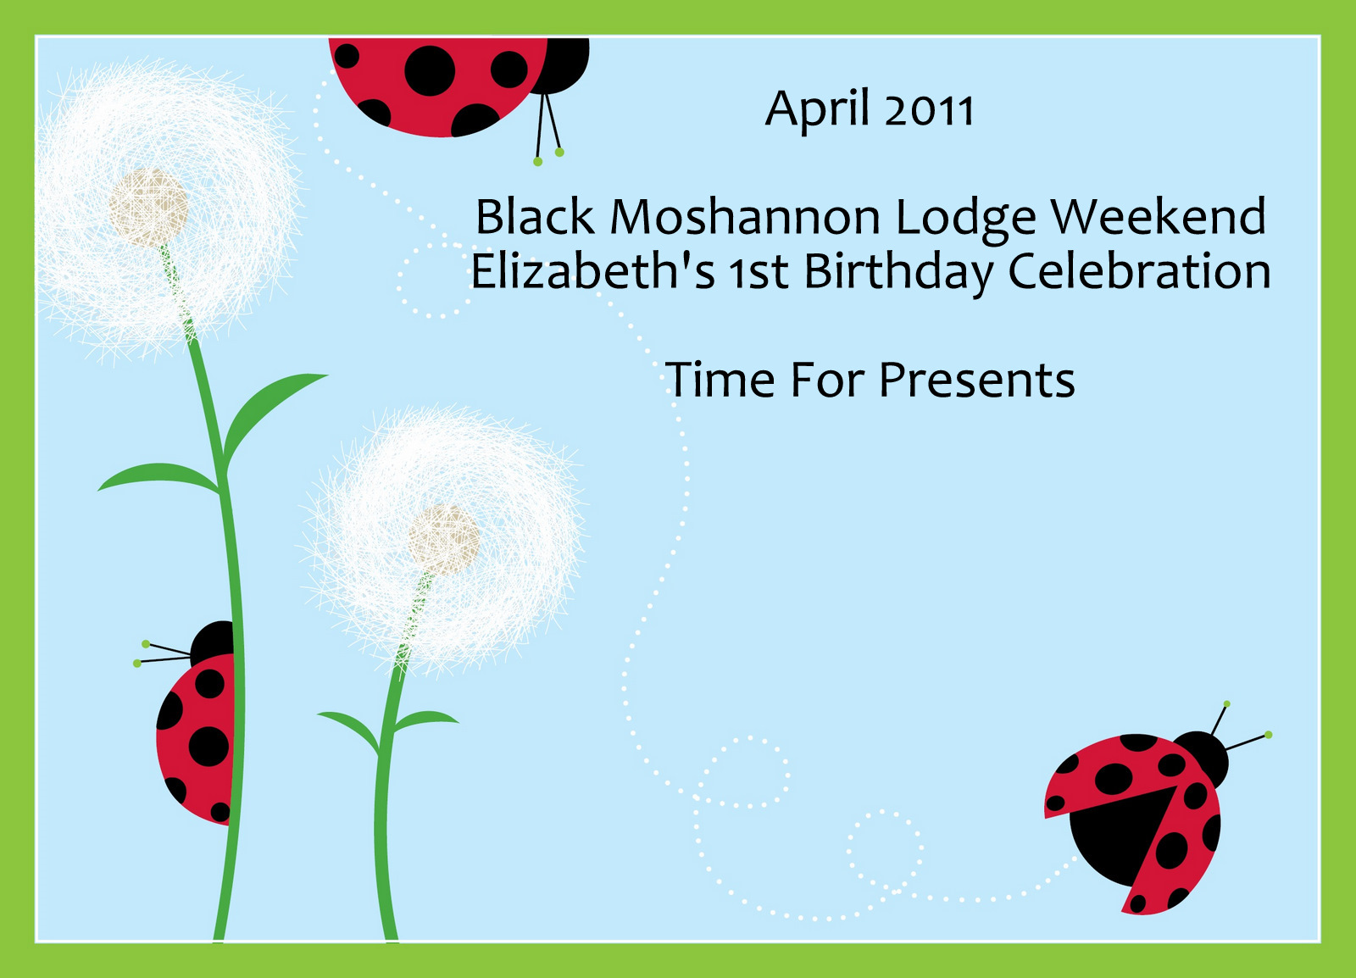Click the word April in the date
817,109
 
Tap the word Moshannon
745,217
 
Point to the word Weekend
1158,215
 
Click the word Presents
977,380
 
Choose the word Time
720,380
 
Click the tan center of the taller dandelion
148,208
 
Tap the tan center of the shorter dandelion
444,541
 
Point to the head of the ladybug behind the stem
213,643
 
